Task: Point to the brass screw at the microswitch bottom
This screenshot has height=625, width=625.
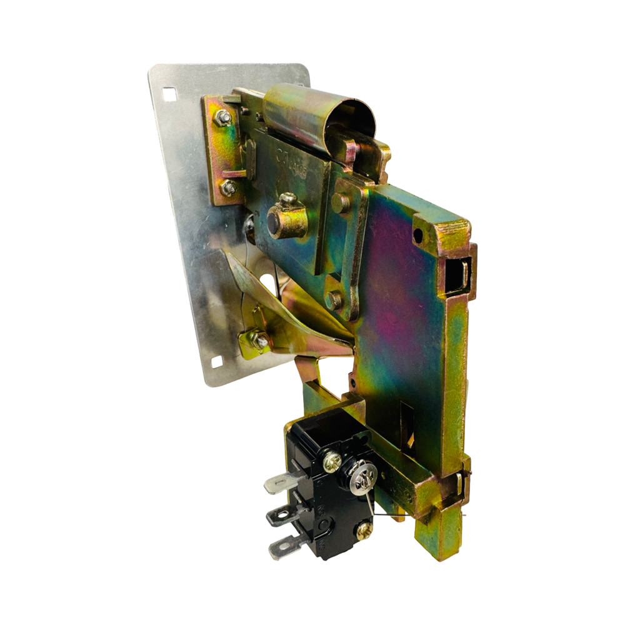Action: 363,531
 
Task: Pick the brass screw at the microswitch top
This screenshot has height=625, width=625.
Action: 332,462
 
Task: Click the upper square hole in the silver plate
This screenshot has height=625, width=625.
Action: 169,94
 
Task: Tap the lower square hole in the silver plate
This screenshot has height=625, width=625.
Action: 217,362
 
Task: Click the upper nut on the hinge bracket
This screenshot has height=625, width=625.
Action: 223,117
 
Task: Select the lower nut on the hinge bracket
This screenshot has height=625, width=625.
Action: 228,187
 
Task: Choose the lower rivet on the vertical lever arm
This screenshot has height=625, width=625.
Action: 334,299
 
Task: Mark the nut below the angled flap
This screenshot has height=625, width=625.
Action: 258,341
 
